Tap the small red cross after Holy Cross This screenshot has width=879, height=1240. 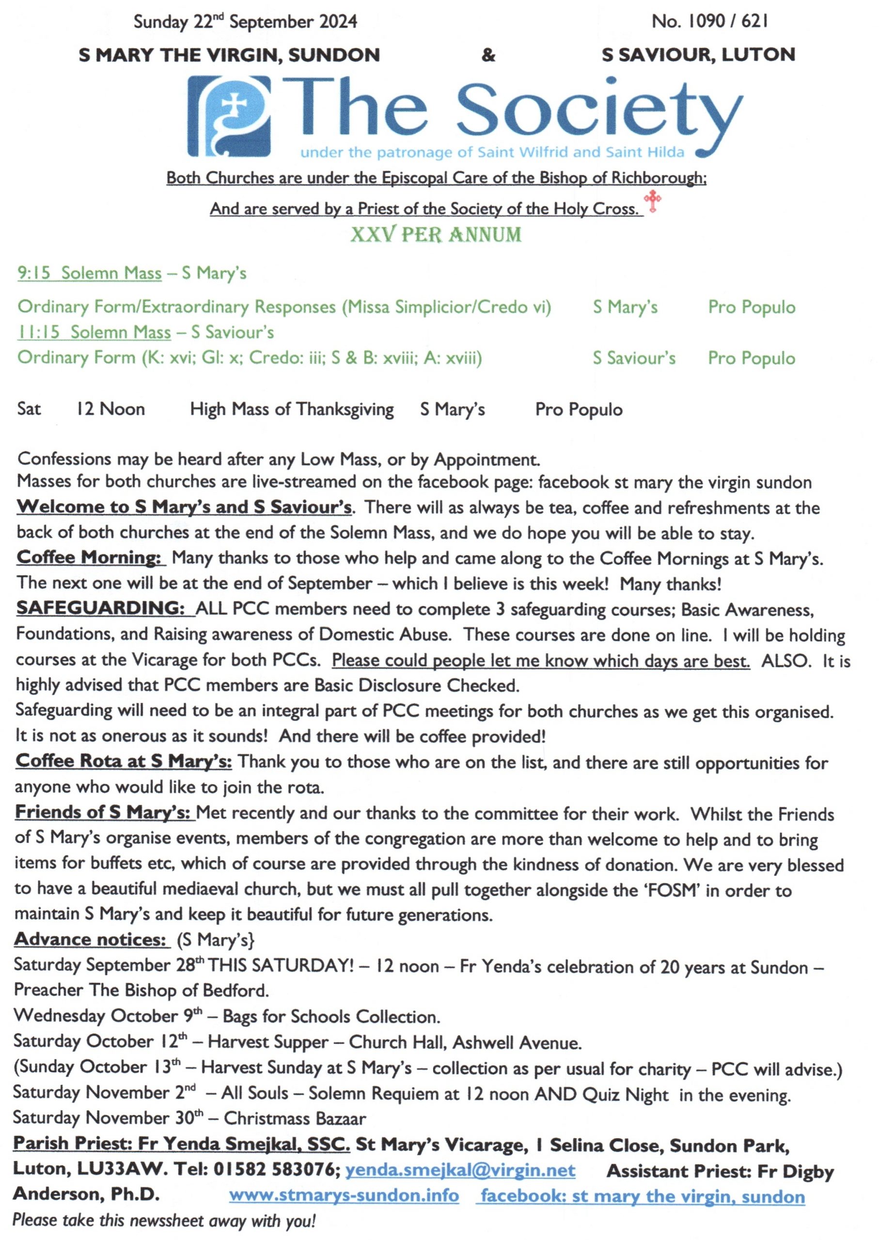653,201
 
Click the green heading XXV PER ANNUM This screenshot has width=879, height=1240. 436,235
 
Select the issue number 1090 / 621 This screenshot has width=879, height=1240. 709,21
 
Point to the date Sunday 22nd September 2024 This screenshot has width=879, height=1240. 245,22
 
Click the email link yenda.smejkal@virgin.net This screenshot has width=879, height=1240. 460,1170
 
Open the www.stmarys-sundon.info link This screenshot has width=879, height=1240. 344,1195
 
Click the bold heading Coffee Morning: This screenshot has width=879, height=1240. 89,557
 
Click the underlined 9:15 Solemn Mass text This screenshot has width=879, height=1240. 89,273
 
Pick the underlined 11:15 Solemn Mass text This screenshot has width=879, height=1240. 94,332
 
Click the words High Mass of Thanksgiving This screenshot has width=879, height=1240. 292,410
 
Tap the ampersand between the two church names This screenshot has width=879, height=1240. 488,55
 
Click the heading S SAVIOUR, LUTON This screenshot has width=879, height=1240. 698,55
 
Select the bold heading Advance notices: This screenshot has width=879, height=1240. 90,939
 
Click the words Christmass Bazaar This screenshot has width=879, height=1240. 295,1118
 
